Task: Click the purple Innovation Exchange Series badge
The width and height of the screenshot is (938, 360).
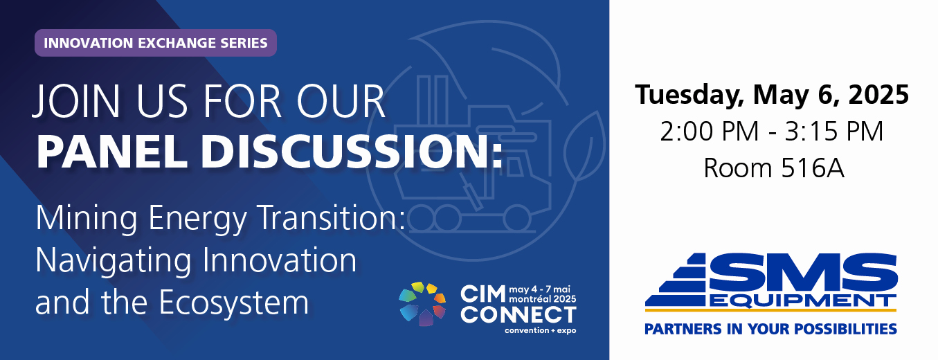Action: click(155, 43)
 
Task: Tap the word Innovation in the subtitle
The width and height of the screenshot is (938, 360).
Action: click(280, 260)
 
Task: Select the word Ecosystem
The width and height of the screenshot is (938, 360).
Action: click(234, 303)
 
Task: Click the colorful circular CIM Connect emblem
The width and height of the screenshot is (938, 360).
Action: click(422, 304)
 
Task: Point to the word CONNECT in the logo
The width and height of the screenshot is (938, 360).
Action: click(518, 315)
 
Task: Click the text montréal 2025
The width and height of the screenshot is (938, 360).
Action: click(543, 299)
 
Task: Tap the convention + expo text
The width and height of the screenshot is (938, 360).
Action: click(541, 330)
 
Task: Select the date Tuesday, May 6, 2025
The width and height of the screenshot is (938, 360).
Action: click(772, 95)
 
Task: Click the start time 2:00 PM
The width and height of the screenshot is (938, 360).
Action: click(710, 132)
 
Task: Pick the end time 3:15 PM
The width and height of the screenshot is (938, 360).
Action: click(834, 132)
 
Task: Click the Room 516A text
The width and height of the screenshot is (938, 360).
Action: click(773, 168)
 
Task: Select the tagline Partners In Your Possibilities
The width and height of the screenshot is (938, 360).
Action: click(770, 329)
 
